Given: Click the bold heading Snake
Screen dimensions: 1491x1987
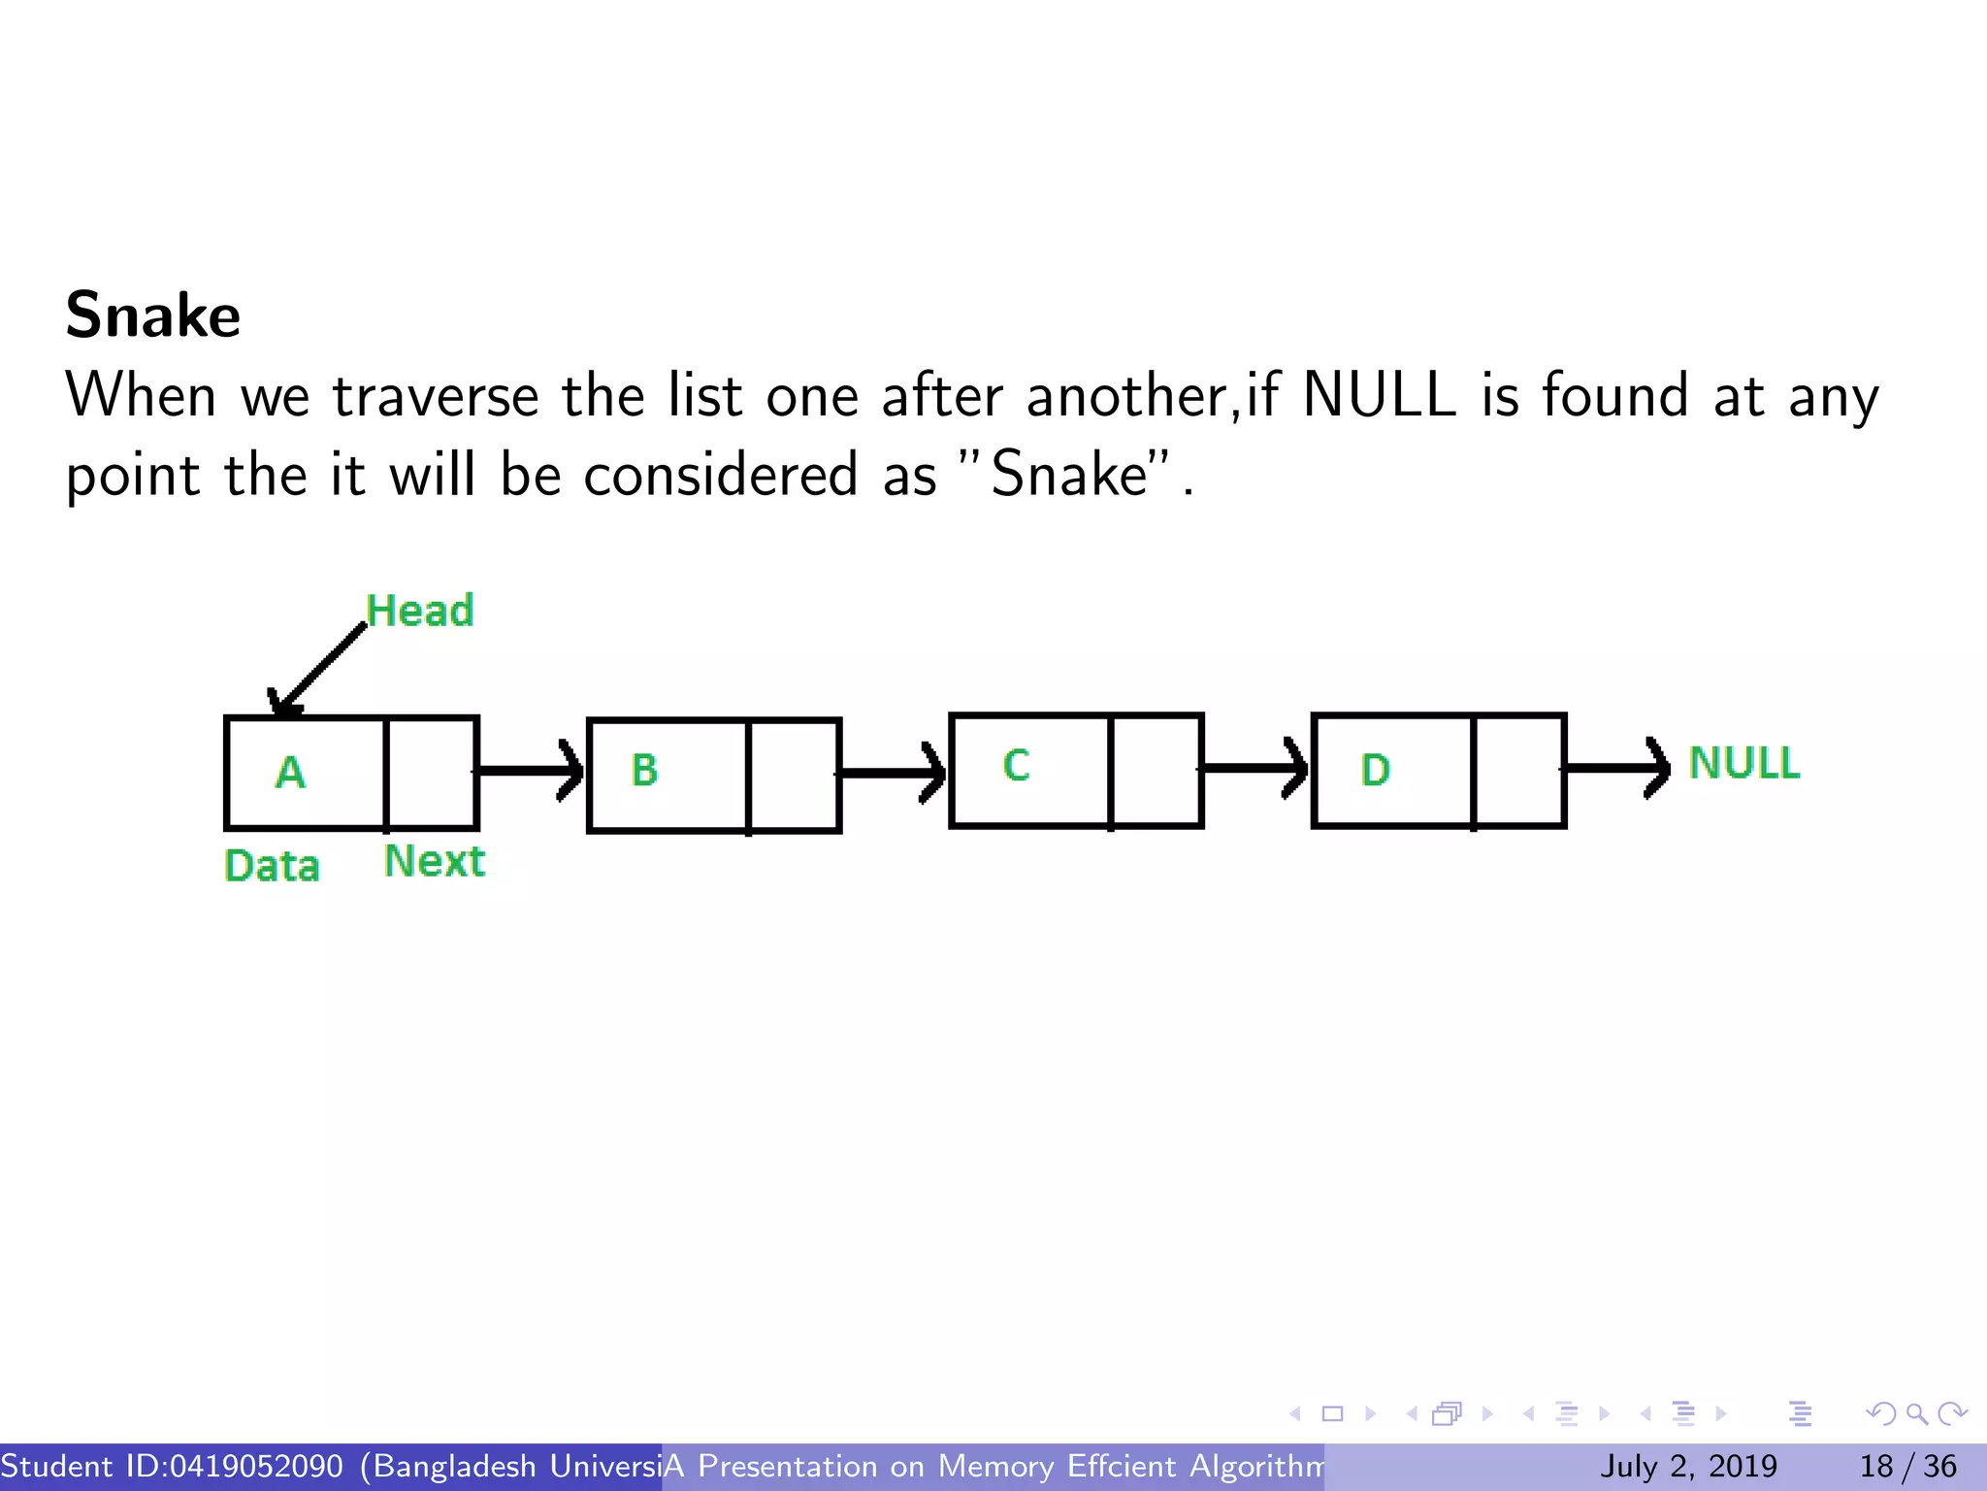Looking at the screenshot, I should coord(153,315).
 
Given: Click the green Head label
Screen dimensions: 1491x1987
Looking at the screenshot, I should coord(420,611).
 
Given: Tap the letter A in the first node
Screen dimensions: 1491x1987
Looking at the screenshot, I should coord(290,774).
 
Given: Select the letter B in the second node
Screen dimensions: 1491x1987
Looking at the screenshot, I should coord(644,771).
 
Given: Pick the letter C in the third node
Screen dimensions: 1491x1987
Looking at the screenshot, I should coord(1016,766).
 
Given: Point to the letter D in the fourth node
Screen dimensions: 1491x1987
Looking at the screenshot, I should coord(1375,771).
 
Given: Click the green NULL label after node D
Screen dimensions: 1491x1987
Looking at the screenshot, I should coord(1743,763).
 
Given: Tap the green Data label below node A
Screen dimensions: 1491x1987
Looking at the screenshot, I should coord(272,866).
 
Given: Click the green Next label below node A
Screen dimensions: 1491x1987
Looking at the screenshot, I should coord(434,861).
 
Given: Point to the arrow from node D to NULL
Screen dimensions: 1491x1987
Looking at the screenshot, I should coord(1616,768).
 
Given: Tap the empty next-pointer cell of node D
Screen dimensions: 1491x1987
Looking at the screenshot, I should coord(1518,771).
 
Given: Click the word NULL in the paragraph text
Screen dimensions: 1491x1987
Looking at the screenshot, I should coord(1379,396).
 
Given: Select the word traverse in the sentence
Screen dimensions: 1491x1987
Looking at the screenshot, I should coord(436,396).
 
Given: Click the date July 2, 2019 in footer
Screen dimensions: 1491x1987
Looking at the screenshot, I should coord(1688,1466).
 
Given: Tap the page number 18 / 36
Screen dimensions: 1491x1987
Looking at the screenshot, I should coord(1907,1466).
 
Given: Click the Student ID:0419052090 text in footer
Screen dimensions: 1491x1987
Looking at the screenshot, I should coord(173,1466).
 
